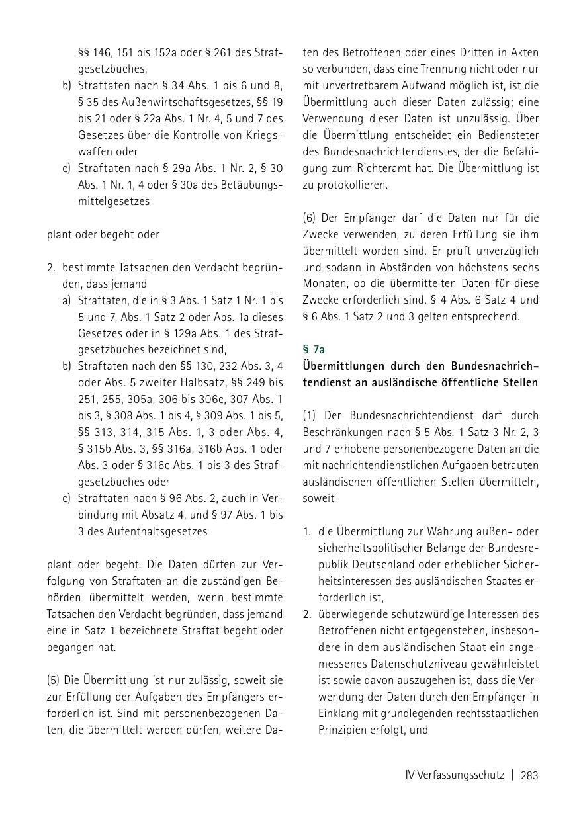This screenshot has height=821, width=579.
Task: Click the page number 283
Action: coord(529,775)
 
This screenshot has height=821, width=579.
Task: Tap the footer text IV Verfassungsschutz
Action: coord(455,775)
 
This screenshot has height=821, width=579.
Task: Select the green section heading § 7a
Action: coord(314,349)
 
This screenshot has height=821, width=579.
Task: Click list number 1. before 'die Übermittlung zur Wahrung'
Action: coord(307,532)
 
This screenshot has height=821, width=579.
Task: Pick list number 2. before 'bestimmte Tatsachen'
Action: coord(51,267)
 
